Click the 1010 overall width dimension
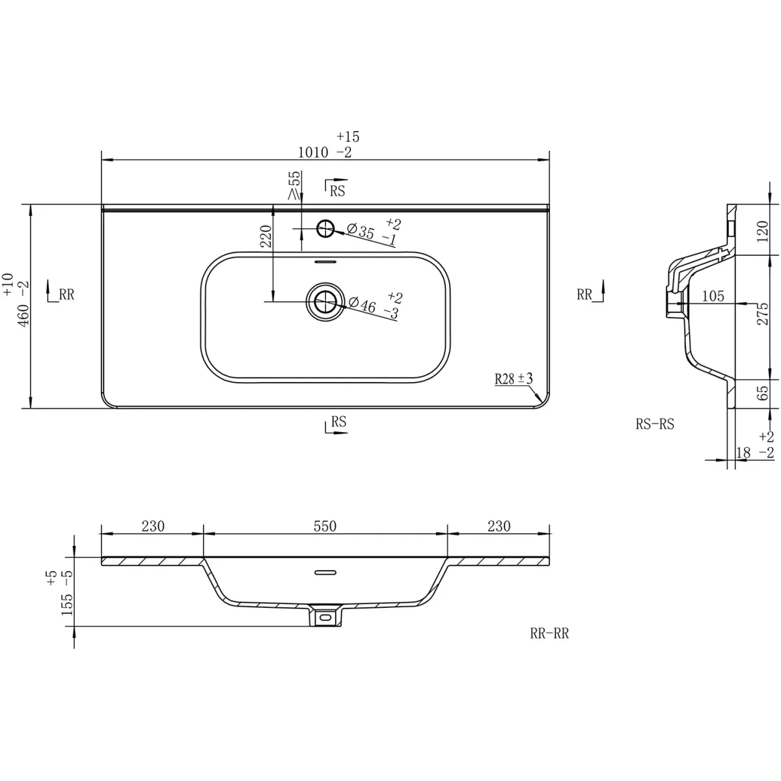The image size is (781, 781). [313, 152]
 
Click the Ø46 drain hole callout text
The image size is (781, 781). [363, 304]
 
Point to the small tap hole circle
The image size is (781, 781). [325, 228]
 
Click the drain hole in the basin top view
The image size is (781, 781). [325, 301]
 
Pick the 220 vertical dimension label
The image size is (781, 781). [266, 236]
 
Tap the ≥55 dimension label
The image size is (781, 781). [295, 185]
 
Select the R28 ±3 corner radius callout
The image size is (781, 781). [514, 379]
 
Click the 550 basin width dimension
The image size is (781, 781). [325, 526]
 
